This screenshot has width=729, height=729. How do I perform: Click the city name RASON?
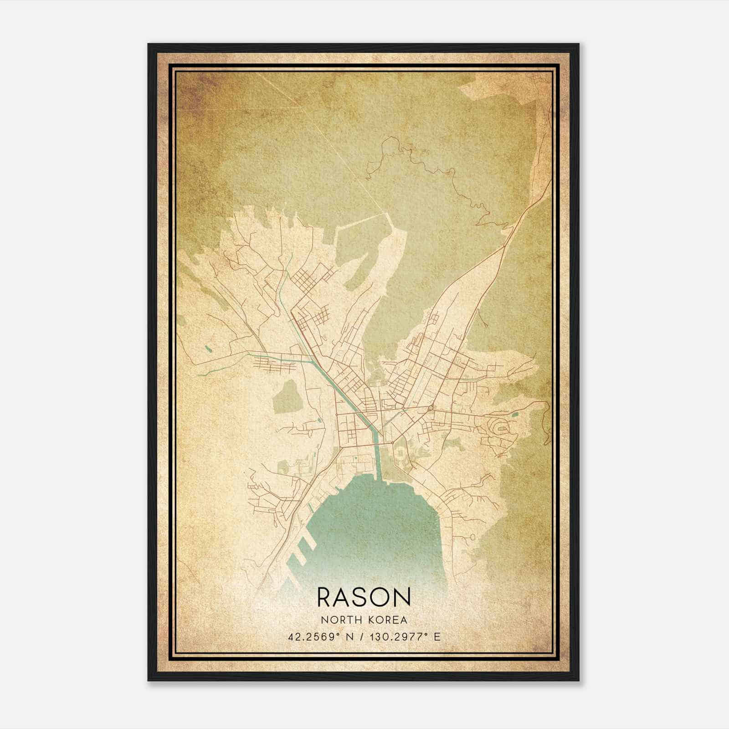coord(364,597)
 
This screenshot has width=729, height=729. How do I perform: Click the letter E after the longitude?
coord(437,637)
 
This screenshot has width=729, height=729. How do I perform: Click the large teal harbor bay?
coord(374,524)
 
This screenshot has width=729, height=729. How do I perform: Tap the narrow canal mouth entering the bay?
coord(378,469)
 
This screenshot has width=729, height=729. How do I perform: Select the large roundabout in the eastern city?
coord(431,407)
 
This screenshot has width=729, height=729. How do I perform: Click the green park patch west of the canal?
coord(288,396)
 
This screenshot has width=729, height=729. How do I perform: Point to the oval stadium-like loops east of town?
coord(500,427)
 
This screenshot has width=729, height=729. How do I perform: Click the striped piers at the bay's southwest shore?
coord(303,551)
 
